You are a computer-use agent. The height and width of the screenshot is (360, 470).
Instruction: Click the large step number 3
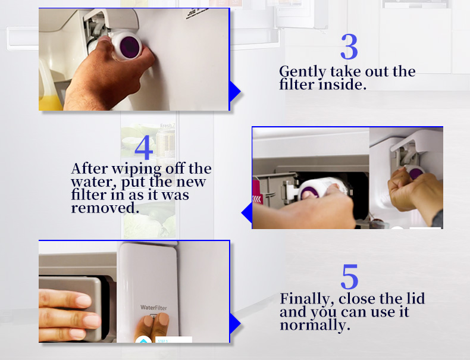(x=349, y=46)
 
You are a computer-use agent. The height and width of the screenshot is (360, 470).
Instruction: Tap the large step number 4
(x=143, y=147)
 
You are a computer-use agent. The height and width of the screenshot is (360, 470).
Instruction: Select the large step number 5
(x=349, y=276)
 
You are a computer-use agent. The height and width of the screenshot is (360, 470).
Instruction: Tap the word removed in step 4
(x=105, y=208)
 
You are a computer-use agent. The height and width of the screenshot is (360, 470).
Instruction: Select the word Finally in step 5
(x=307, y=299)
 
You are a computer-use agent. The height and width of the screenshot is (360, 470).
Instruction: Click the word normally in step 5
(x=315, y=325)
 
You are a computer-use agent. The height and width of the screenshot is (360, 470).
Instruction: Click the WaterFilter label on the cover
(x=153, y=308)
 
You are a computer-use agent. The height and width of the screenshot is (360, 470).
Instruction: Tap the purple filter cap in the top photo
(x=130, y=47)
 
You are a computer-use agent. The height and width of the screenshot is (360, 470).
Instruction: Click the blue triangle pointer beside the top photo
(x=234, y=92)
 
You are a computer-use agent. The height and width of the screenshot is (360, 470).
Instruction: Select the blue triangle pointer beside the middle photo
(x=247, y=212)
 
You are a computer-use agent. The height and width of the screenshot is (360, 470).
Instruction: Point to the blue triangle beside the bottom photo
(x=234, y=324)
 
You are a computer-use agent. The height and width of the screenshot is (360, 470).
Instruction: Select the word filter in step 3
(x=297, y=84)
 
